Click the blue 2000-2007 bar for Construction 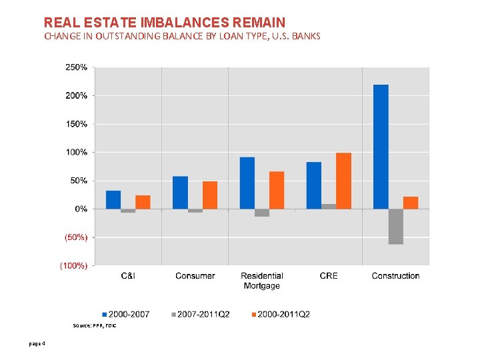click(381, 147)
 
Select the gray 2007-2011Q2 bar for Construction click(395, 227)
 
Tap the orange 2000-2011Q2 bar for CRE click(343, 181)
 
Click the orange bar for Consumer click(210, 195)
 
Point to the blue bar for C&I click(113, 199)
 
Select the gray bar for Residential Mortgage click(262, 213)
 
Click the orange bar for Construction click(411, 203)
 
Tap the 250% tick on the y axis click(75, 67)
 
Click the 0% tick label click(80, 209)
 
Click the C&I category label click(128, 276)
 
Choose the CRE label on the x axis click(329, 276)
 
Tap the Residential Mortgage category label click(261, 281)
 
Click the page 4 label click(37, 344)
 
